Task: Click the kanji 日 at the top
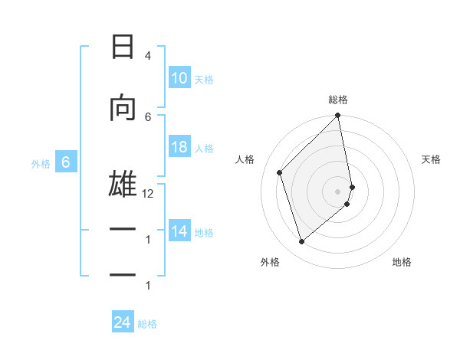click(123, 47)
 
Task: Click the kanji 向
click(123, 107)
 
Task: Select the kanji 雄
click(123, 184)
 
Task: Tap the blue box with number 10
click(179, 78)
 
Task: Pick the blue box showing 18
click(179, 147)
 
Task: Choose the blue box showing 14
click(179, 231)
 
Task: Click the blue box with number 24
click(123, 322)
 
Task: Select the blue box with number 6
click(66, 162)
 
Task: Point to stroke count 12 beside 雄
click(148, 194)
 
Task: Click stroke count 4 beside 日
click(148, 56)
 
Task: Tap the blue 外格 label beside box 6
click(41, 163)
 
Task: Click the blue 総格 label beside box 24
click(147, 324)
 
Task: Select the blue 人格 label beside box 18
click(204, 148)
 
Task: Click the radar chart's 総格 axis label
click(338, 100)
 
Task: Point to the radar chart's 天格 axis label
click(432, 159)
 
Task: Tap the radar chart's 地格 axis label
click(402, 262)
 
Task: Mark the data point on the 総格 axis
click(338, 116)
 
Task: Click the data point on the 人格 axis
click(280, 172)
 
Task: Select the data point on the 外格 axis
click(301, 241)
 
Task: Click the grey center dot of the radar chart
click(338, 191)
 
